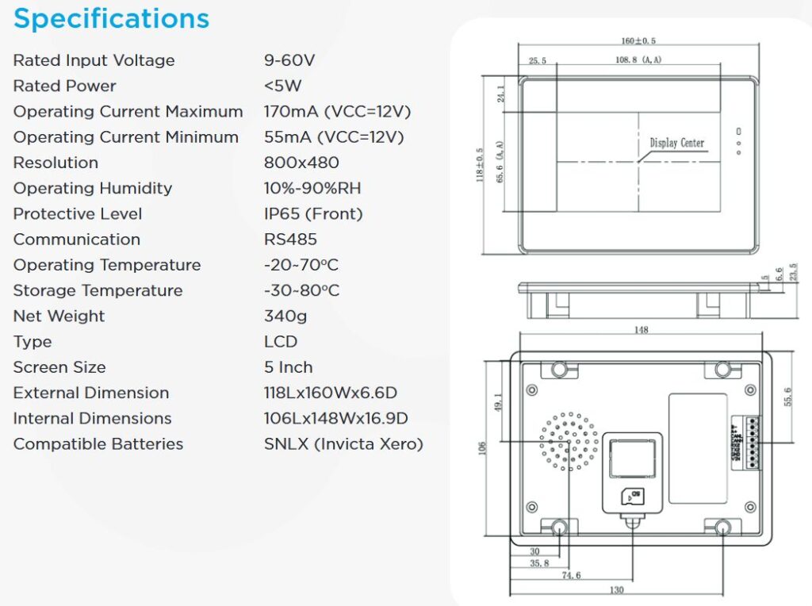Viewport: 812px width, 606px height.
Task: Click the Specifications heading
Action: [111, 19]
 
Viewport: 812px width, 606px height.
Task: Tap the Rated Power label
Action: [65, 86]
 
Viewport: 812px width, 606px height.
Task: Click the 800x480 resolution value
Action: [301, 163]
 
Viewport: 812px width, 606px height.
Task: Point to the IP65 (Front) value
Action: [313, 213]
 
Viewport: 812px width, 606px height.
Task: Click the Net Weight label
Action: [59, 316]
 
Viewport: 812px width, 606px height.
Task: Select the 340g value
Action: [285, 316]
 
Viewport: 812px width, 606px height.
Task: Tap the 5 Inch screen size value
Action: [289, 367]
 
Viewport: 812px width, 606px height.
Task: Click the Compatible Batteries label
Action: [98, 443]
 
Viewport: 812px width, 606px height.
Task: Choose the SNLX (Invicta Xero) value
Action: [343, 443]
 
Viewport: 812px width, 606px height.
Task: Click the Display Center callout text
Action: [676, 143]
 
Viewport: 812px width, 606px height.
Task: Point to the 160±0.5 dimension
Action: [638, 41]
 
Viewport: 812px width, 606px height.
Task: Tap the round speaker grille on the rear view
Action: [569, 441]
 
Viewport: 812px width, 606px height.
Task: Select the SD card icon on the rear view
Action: [632, 497]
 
